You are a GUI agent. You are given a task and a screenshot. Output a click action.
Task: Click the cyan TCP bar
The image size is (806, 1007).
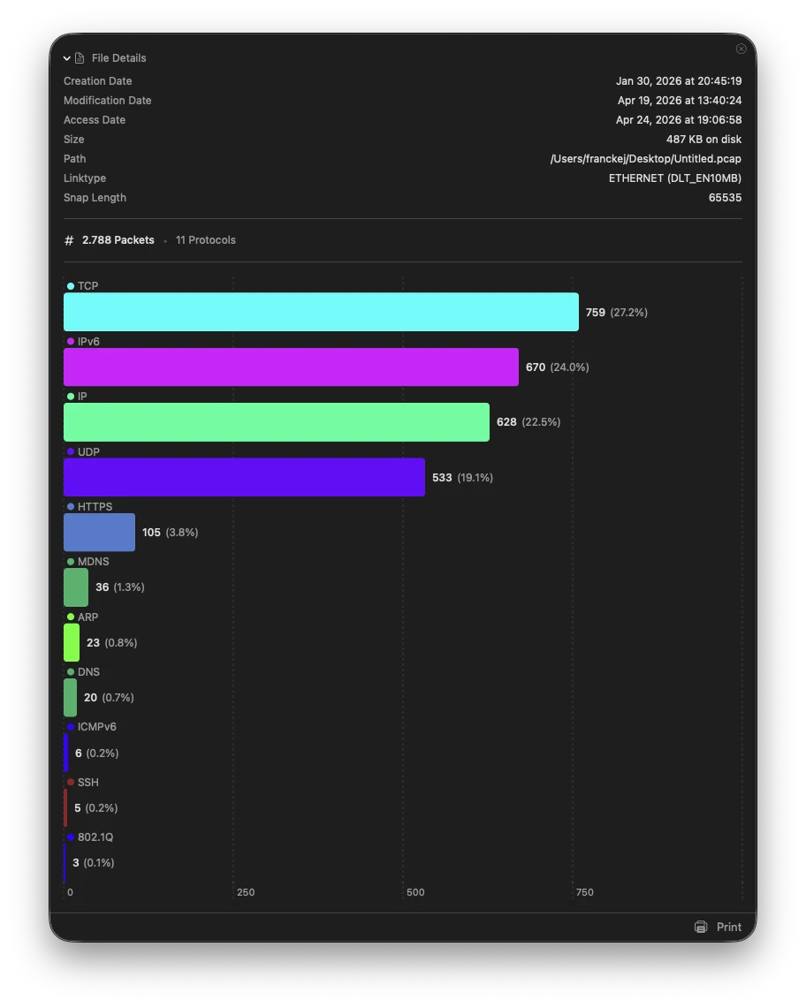pyautogui.click(x=321, y=312)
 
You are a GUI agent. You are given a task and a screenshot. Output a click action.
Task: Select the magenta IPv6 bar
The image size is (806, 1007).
pyautogui.click(x=291, y=367)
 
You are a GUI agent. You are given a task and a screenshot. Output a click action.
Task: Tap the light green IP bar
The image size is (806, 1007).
pyautogui.click(x=276, y=422)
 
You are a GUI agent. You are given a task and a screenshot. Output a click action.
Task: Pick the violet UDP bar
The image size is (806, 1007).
pyautogui.click(x=244, y=477)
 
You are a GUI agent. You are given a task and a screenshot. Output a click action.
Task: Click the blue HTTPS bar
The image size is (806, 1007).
pyautogui.click(x=99, y=532)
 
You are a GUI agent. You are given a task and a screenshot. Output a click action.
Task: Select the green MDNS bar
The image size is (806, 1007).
pyautogui.click(x=76, y=587)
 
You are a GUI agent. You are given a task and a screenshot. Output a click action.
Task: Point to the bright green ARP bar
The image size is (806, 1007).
pyautogui.click(x=72, y=642)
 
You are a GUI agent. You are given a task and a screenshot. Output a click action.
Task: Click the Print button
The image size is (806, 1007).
pyautogui.click(x=719, y=927)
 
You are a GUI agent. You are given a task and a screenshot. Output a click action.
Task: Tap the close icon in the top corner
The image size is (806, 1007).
pyautogui.click(x=741, y=49)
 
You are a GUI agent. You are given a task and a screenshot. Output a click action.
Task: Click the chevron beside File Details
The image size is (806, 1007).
pyautogui.click(x=67, y=58)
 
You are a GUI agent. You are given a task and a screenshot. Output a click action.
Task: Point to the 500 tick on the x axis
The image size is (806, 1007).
pyautogui.click(x=415, y=892)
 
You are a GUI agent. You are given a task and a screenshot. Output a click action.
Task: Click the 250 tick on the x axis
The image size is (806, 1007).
pyautogui.click(x=246, y=892)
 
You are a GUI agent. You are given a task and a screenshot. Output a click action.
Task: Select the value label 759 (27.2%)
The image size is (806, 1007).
pyautogui.click(x=616, y=313)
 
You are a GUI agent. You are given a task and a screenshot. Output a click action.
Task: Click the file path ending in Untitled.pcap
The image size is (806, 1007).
pyautogui.click(x=645, y=159)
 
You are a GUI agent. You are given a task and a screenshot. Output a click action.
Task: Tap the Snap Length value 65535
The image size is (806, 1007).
pyautogui.click(x=725, y=198)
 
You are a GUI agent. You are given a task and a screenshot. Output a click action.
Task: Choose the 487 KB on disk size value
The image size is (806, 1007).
pyautogui.click(x=703, y=140)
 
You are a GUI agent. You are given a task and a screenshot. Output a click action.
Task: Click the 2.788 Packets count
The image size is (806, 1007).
pyautogui.click(x=118, y=240)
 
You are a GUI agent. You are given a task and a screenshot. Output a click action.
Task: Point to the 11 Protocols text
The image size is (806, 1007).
pyautogui.click(x=205, y=240)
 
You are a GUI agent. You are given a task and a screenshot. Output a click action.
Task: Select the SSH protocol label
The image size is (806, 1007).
pyautogui.click(x=87, y=783)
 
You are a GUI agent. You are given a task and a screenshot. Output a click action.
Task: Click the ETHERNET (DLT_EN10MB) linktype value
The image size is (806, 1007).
pyautogui.click(x=674, y=178)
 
